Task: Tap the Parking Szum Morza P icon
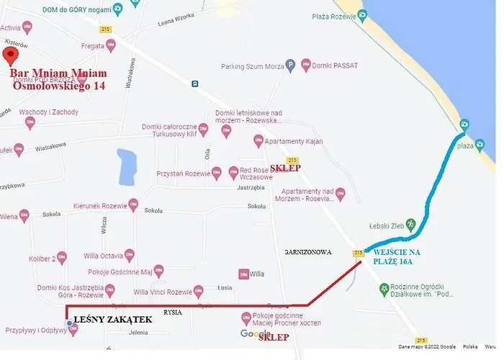(291, 66)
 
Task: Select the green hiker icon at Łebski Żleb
(411, 224)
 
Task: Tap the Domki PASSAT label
(336, 66)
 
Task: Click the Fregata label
(93, 45)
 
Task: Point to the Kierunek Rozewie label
(99, 206)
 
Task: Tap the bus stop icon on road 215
(195, 84)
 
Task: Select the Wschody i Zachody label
(48, 112)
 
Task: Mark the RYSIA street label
(173, 313)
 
